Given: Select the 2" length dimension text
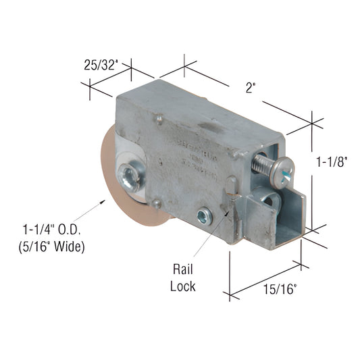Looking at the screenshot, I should (x=250, y=87).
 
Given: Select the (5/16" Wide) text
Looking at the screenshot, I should (x=51, y=247).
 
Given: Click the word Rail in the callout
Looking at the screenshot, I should (x=182, y=269).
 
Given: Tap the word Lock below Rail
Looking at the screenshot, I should (x=182, y=286).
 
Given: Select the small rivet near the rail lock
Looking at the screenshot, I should (x=203, y=216).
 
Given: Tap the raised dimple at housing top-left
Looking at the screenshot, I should (x=158, y=120).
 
